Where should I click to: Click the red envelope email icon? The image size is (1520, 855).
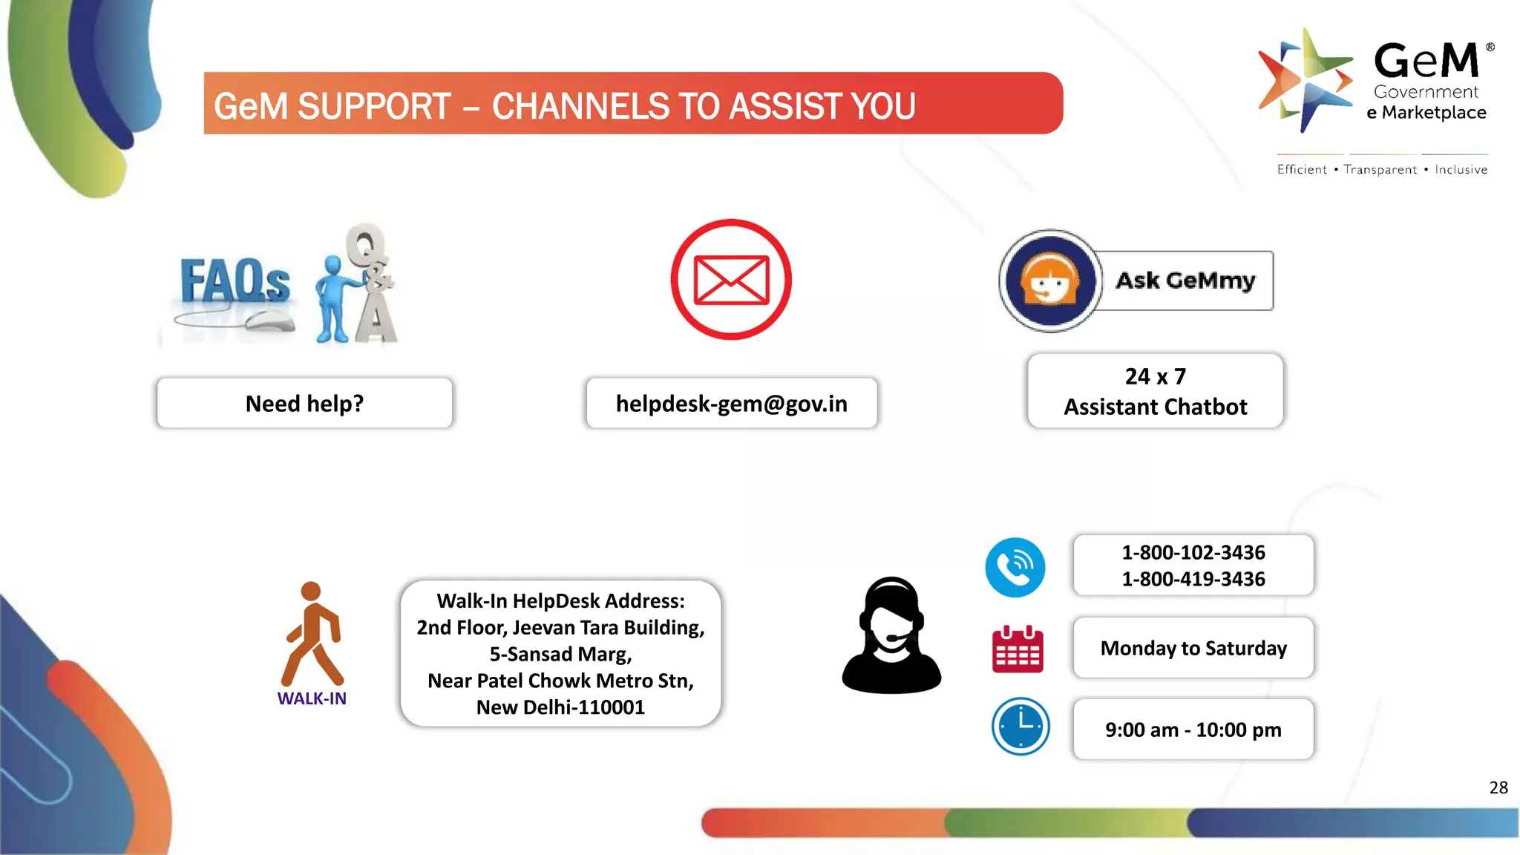731,280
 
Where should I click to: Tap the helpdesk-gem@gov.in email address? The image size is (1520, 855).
731,404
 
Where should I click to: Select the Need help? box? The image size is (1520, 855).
304,404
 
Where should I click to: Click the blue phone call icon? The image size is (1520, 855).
1015,568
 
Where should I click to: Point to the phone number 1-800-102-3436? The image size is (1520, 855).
1193,552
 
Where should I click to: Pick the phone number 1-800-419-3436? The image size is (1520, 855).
1193,579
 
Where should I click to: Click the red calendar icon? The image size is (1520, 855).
1018,649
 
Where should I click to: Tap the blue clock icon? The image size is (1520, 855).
1021,727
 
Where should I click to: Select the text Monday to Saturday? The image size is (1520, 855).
1193,648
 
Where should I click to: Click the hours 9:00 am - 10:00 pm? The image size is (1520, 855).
1193,730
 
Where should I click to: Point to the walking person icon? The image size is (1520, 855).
312,635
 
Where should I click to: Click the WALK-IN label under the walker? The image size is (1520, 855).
312,698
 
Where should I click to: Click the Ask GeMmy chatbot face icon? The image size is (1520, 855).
1049,281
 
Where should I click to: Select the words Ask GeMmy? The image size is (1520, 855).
1185,281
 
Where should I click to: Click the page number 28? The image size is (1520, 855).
1498,787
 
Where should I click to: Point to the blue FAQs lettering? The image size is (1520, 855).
235,282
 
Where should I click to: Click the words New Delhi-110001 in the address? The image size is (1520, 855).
560,707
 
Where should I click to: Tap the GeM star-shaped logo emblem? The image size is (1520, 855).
1306,80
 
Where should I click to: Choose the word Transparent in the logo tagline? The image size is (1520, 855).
1380,170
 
